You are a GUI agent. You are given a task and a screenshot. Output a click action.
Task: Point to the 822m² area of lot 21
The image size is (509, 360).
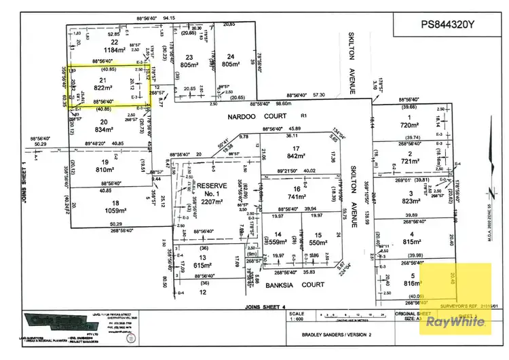pos(99,88)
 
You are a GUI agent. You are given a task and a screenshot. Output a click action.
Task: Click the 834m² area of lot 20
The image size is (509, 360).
pos(103,129)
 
